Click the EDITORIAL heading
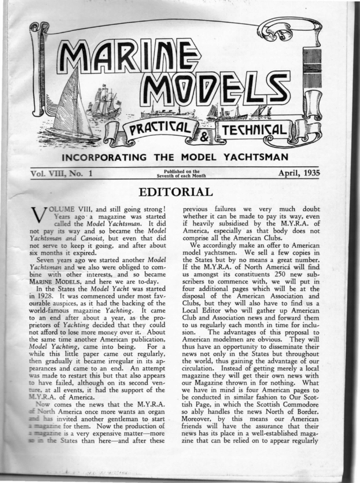click(173, 192)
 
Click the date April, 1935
click(299, 173)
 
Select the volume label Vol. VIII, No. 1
click(61, 174)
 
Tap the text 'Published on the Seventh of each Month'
click(181, 174)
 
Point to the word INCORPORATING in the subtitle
click(99, 156)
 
